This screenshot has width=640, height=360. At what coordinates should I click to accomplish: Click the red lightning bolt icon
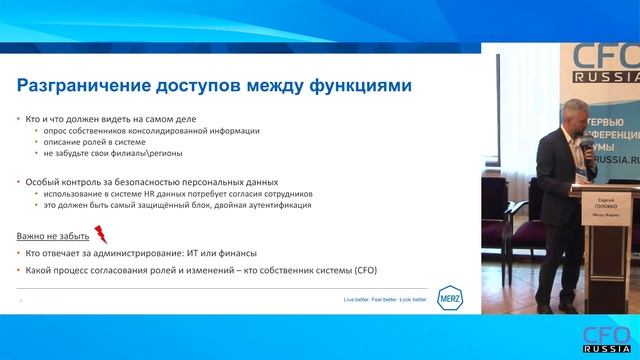pos(99,235)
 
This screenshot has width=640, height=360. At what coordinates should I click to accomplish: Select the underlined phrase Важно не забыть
pos(50,237)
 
